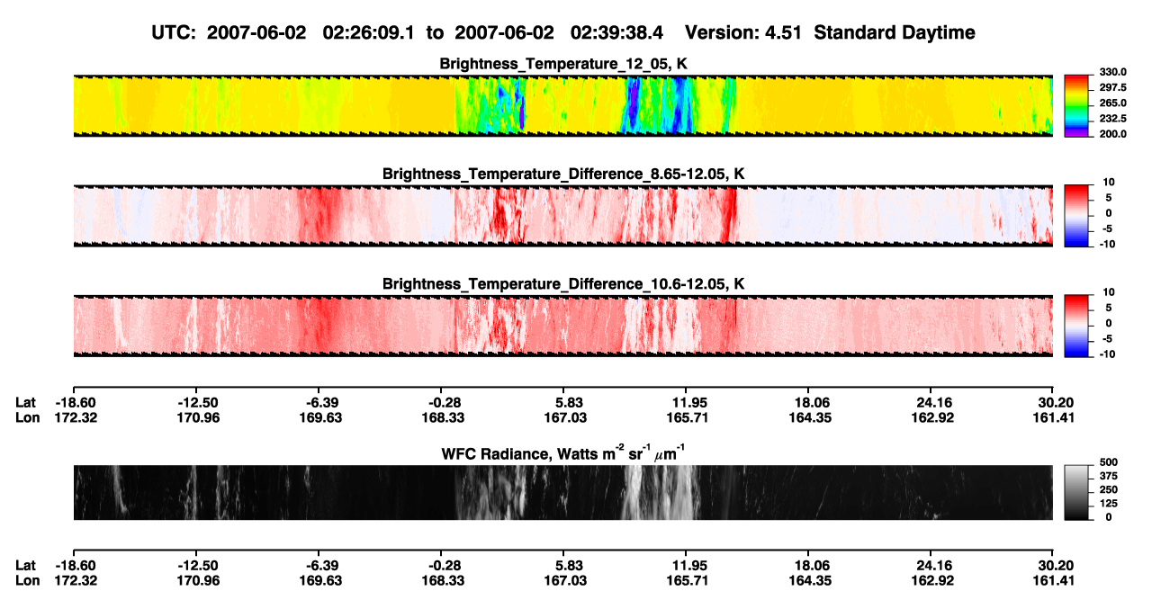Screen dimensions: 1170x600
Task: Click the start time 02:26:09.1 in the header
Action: pyautogui.click(x=368, y=33)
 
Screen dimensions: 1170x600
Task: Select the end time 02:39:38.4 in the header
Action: pyautogui.click(x=616, y=33)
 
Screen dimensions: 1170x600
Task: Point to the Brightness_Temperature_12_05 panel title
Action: pyautogui.click(x=563, y=64)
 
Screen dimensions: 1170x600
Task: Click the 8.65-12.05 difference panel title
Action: pyautogui.click(x=563, y=174)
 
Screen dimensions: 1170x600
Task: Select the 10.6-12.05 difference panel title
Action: pyautogui.click(x=563, y=284)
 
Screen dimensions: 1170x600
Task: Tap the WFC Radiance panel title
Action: pyautogui.click(x=563, y=453)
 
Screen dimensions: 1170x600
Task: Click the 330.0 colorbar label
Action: pyautogui.click(x=1112, y=72)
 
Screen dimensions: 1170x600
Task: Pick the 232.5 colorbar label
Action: pyautogui.click(x=1112, y=119)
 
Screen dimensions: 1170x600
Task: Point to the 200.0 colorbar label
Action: pyautogui.click(x=1112, y=134)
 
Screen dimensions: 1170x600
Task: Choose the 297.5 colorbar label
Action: pyautogui.click(x=1112, y=88)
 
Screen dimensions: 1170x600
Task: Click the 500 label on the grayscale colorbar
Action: pyautogui.click(x=1109, y=462)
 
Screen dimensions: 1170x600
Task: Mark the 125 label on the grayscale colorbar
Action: pyautogui.click(x=1109, y=504)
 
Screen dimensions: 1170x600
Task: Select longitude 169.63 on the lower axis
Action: pyautogui.click(x=320, y=581)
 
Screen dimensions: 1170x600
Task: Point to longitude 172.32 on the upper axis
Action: pyautogui.click(x=76, y=417)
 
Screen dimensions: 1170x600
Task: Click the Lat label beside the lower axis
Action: pyautogui.click(x=25, y=566)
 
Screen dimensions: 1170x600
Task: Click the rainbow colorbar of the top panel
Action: pyautogui.click(x=1076, y=106)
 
